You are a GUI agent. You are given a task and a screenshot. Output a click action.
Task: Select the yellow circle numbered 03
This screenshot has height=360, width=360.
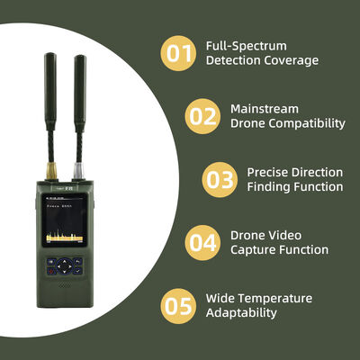point(219,179)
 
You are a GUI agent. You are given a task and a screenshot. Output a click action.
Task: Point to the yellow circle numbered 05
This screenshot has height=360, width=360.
point(178,305)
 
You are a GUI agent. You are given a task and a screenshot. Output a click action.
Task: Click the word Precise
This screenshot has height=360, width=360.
point(268,171)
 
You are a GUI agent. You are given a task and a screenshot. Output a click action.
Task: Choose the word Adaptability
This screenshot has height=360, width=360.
point(241,313)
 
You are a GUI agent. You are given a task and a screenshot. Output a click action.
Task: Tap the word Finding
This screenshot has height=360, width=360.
point(269,187)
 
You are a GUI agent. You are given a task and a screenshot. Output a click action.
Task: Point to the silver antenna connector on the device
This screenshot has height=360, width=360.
point(79,170)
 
